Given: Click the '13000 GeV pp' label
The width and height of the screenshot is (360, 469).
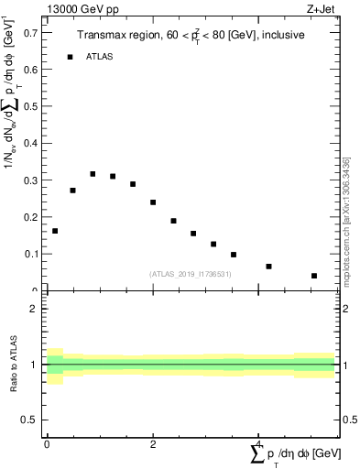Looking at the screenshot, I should pos(78,8).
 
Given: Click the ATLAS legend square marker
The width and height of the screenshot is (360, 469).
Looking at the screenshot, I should pos(70,57).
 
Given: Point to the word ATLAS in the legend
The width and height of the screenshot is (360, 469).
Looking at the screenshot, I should pos(100,57).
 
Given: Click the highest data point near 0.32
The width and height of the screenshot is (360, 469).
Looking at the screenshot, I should pos(93,174).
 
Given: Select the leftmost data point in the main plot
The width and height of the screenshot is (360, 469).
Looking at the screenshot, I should pos(55,231).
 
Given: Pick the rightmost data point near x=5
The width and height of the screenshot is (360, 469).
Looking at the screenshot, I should pos(313,276).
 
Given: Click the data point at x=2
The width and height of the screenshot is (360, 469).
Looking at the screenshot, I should pos(153,202).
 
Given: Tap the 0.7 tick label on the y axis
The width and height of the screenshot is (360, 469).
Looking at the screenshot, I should pos(30,32).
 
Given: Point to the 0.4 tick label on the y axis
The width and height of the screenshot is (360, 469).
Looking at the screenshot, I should pos(30,143).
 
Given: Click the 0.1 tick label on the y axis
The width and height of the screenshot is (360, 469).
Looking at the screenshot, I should pos(30,254).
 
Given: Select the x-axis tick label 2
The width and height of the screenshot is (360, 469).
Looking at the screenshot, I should pos(153,444).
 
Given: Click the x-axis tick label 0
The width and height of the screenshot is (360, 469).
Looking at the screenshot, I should pos(47,444).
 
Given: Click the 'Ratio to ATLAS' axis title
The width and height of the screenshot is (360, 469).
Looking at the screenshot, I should pos(15,364).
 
